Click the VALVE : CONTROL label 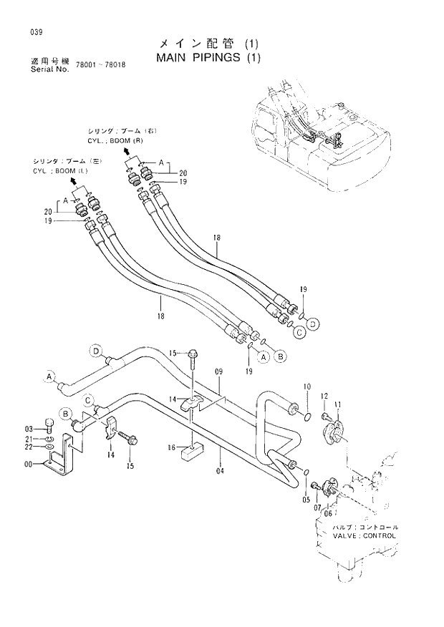point(364,535)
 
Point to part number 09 point(219,372)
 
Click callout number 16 point(172,447)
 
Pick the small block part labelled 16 point(193,451)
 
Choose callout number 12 point(324,396)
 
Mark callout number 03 point(30,428)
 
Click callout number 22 point(30,447)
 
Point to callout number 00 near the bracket point(29,465)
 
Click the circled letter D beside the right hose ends point(312,324)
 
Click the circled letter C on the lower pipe point(88,400)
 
